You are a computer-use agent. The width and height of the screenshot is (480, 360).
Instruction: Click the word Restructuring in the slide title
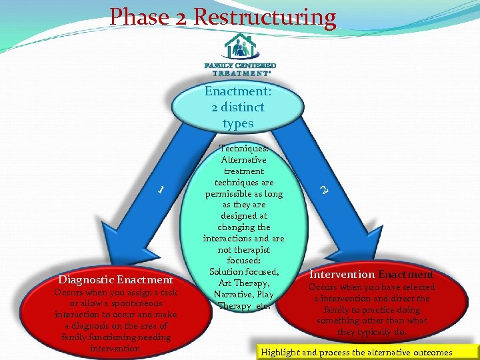pos(265,17)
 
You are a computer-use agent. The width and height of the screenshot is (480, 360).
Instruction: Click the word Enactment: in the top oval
pos(237,91)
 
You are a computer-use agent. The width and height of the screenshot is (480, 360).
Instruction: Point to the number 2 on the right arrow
pos(323,190)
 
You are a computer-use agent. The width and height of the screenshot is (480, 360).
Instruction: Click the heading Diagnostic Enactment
pos(116,280)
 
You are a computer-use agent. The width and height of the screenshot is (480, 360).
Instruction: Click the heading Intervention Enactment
pos(371,274)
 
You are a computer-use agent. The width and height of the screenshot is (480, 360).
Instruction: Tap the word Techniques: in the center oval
pos(244,148)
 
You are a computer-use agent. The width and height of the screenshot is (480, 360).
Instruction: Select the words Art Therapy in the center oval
pos(243,283)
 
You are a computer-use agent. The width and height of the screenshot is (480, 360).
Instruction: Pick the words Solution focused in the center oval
pos(244,271)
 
